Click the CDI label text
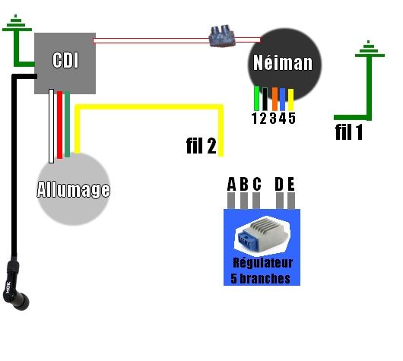pos(65,60)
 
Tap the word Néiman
pos(283,62)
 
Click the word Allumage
pos(74,190)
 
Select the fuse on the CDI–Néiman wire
pos(222,36)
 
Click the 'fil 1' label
pos(349,132)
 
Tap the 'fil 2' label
pos(201,146)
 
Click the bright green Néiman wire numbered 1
pos(256,98)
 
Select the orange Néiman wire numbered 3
pos(274,99)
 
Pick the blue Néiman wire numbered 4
pos(283,100)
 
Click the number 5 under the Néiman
pos(292,119)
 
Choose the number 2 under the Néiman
pos(263,119)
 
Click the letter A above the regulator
pos(232,184)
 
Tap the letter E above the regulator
pos(291,184)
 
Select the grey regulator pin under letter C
pos(256,201)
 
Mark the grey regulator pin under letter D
pos(280,201)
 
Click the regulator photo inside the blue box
pos(262,235)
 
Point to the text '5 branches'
pos(260,278)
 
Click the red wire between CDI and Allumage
pos(59,125)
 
